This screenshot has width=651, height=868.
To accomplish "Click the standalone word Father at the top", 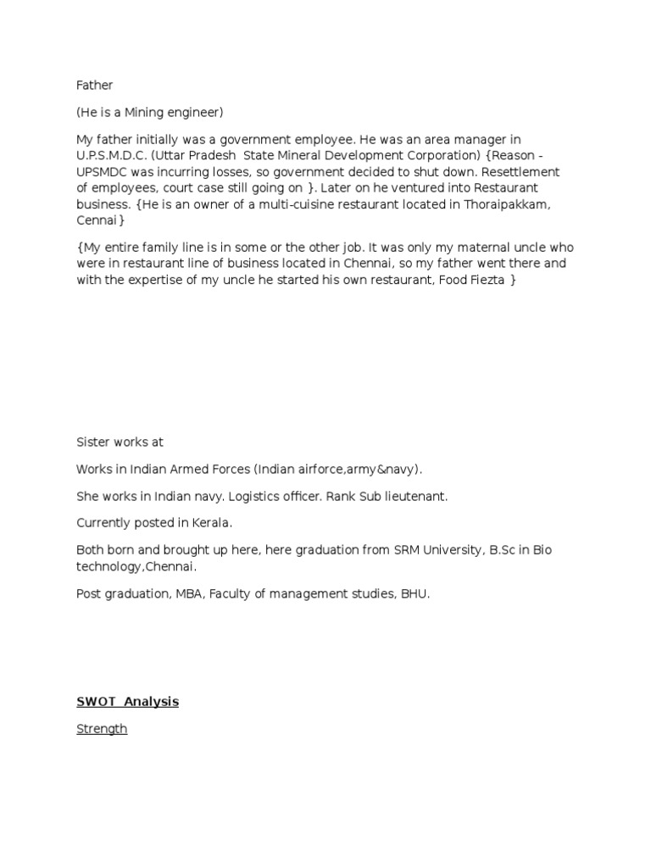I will click(94, 86).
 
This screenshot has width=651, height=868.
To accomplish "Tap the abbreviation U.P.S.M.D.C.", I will click(113, 156).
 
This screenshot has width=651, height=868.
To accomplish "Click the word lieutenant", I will click(413, 497).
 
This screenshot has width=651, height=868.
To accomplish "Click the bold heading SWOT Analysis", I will click(128, 702).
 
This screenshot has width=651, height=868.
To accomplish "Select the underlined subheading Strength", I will click(102, 729).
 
